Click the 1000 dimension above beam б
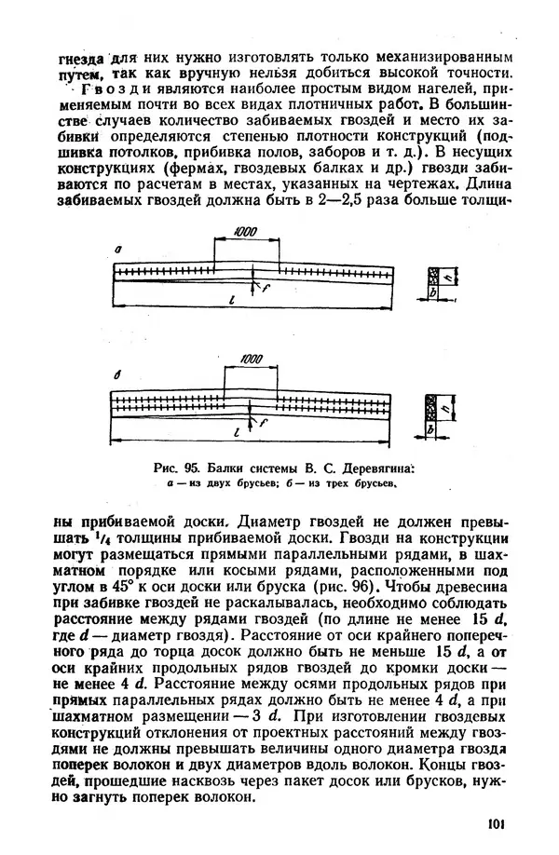[251, 359]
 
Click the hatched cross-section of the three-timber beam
[430, 408]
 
